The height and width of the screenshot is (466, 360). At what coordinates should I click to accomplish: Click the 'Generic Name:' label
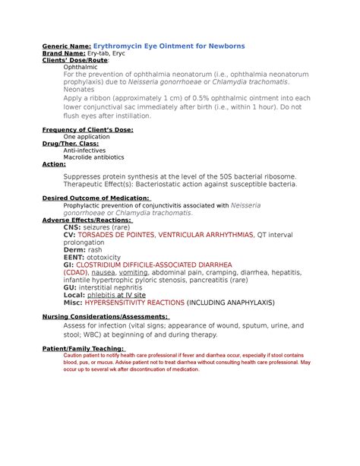66,46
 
